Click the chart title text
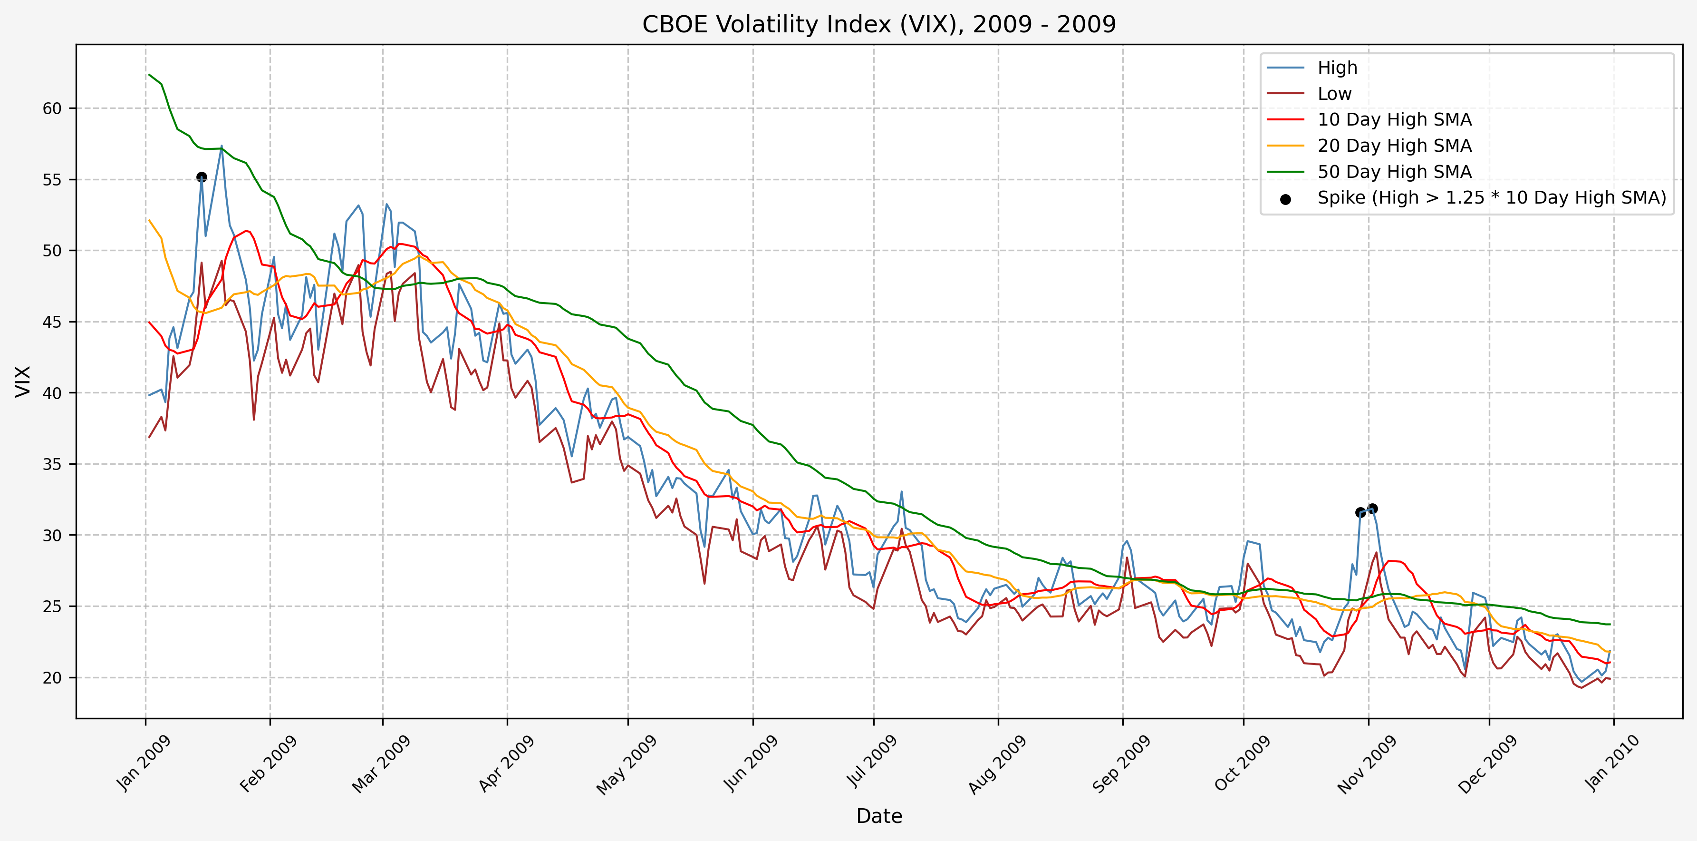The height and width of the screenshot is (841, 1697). [879, 24]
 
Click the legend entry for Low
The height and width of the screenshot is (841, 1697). [1334, 94]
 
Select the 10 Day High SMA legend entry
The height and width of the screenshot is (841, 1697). [1394, 119]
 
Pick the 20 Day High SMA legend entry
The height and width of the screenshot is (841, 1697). [1394, 146]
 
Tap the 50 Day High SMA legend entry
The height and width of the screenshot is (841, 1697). [1394, 171]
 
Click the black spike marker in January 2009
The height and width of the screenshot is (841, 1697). [202, 176]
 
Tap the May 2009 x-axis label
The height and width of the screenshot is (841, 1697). [627, 765]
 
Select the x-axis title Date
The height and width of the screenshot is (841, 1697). [879, 816]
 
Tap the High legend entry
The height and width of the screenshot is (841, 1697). [1337, 67]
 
